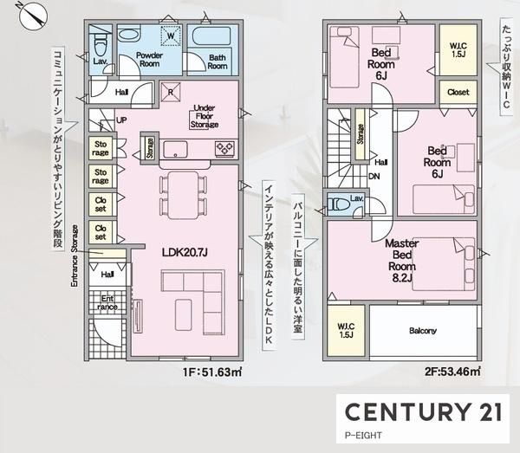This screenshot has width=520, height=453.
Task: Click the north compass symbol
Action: pyautogui.click(x=33, y=16)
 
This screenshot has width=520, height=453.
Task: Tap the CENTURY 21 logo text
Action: pyautogui.click(x=423, y=412)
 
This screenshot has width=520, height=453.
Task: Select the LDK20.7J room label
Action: pyautogui.click(x=185, y=253)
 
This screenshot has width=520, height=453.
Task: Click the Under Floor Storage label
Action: pyautogui.click(x=205, y=116)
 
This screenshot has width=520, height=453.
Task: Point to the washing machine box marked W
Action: pyautogui.click(x=171, y=36)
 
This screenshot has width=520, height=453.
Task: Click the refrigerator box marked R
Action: pyautogui.click(x=171, y=92)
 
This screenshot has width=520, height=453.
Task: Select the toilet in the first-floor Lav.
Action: pyautogui.click(x=100, y=45)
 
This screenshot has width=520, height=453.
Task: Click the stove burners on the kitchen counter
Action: pyautogui.click(x=224, y=148)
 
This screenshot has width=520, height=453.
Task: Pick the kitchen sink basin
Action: pyautogui.click(x=175, y=150)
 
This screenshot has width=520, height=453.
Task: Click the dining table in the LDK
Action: pyautogui.click(x=183, y=195)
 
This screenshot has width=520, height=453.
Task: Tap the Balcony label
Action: pyautogui.click(x=423, y=330)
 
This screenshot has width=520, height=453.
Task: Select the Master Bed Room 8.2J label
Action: pyautogui.click(x=401, y=261)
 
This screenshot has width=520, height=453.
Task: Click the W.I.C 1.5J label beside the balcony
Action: pyautogui.click(x=346, y=330)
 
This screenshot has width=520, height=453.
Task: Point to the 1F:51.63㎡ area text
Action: pyautogui.click(x=212, y=372)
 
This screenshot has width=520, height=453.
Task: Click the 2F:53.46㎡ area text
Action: pyautogui.click(x=452, y=372)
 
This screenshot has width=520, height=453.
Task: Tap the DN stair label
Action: pyautogui.click(x=374, y=177)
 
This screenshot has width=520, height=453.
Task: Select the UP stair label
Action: pyautogui.click(x=121, y=120)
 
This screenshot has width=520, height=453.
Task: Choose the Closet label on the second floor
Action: pyautogui.click(x=458, y=92)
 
